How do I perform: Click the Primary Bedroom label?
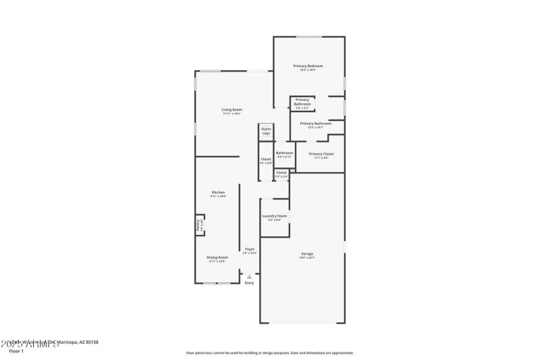(308, 66)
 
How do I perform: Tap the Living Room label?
(232, 109)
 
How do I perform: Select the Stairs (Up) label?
(266, 130)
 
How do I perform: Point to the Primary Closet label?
(321, 154)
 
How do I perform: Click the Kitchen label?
(218, 192)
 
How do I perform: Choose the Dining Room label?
(217, 257)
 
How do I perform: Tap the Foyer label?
(250, 250)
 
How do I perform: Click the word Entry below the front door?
(250, 283)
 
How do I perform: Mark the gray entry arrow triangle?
(250, 276)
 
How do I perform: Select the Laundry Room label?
(274, 216)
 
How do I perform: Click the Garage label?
(307, 254)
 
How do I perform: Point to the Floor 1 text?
(16, 351)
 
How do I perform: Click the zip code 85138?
(91, 342)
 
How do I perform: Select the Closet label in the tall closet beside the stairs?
(266, 159)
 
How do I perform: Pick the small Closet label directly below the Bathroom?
(281, 173)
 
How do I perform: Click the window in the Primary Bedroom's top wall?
(309, 36)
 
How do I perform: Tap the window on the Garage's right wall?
(344, 247)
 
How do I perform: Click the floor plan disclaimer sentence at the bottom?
(269, 353)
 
